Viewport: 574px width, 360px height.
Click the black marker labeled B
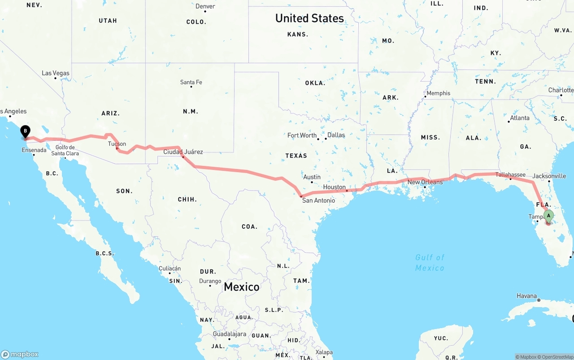pos(26,132)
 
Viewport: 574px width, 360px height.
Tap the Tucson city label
pos(117,144)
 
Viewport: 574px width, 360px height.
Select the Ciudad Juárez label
pos(183,152)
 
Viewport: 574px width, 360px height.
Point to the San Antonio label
pos(318,200)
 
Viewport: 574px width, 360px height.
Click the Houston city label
pos(335,187)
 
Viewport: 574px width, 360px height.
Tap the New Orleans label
pos(425,182)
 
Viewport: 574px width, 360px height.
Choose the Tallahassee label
pos(510,174)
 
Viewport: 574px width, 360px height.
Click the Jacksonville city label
pos(549,176)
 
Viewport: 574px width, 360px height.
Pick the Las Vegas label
pos(56,73)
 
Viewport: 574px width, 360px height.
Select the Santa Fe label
pos(191,82)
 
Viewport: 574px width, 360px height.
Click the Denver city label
pos(205,6)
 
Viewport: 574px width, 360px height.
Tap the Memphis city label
pos(439,93)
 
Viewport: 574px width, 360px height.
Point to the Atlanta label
pos(519,118)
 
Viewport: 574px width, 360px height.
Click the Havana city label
pos(526,296)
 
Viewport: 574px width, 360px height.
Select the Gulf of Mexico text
pos(430,262)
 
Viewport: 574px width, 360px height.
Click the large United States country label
pos(309,18)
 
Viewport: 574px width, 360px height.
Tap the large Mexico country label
pos(241,287)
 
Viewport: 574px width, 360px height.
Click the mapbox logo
pos(20,354)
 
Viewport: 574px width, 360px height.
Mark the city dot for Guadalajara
pos(229,339)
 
